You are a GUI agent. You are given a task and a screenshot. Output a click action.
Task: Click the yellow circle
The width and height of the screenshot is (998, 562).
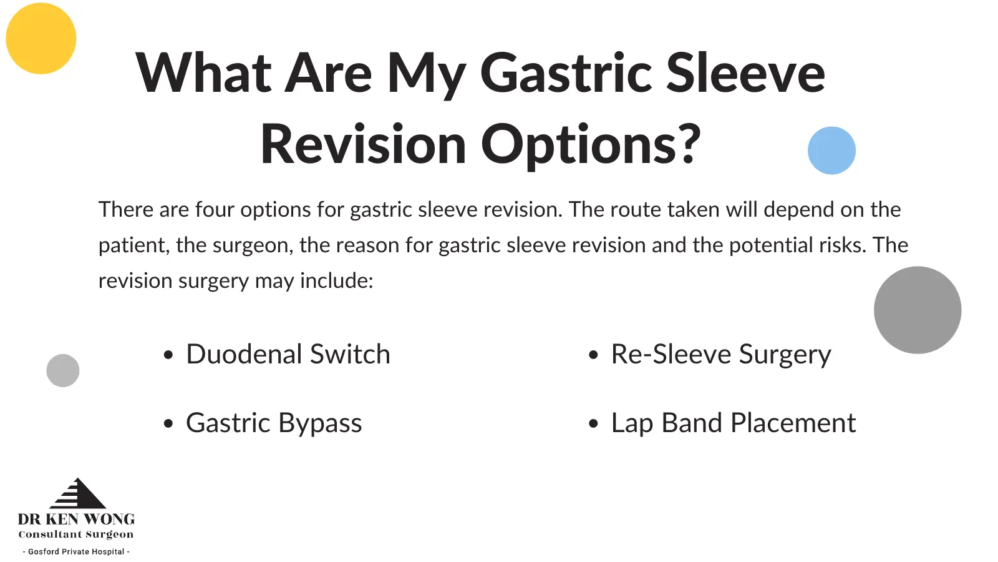click(41, 38)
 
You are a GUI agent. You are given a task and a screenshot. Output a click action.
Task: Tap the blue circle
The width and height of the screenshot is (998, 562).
click(831, 150)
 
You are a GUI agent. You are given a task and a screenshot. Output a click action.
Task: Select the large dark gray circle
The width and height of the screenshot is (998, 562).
click(918, 310)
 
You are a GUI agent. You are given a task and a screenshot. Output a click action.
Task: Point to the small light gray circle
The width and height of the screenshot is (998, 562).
click(63, 371)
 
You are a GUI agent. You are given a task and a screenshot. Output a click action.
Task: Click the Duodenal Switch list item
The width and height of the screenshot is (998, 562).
click(288, 354)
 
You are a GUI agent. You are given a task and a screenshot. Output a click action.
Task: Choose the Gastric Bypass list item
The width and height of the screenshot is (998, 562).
click(274, 423)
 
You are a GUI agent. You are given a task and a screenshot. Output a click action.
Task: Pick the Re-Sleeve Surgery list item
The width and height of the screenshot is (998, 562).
click(721, 355)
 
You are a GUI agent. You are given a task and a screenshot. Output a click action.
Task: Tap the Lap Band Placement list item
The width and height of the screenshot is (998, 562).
click(734, 423)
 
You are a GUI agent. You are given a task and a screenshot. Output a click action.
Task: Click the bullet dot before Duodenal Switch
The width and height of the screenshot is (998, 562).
click(168, 355)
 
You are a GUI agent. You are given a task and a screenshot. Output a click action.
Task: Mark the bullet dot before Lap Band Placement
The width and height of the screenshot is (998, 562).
click(593, 423)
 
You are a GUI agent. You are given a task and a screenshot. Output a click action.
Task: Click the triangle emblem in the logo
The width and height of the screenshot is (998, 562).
click(78, 493)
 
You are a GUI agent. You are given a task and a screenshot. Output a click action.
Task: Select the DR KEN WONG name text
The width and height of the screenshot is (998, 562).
click(76, 519)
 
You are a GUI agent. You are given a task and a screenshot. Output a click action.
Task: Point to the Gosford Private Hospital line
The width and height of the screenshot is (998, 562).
click(76, 552)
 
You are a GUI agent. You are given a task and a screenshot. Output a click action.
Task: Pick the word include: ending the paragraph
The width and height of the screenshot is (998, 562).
click(336, 280)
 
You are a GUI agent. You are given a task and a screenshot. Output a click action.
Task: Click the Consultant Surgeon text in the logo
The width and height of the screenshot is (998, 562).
click(75, 535)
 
